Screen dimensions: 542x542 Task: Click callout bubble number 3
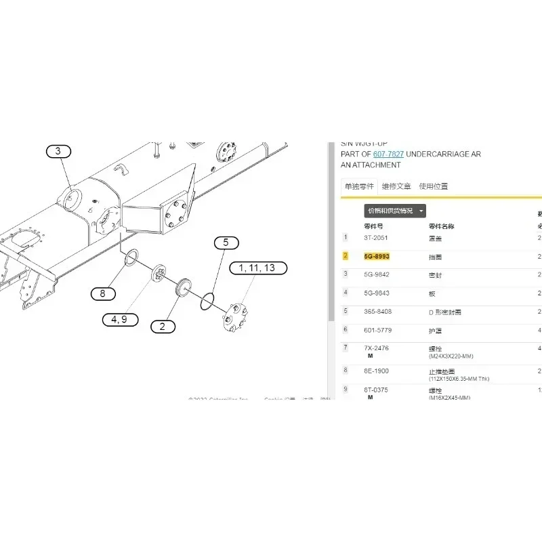58,151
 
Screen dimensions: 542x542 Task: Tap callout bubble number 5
226,242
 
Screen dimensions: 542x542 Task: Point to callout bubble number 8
103,293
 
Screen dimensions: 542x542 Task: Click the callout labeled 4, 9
119,319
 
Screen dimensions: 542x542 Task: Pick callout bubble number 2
162,327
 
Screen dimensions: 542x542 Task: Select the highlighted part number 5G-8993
377,256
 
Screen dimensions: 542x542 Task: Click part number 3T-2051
376,238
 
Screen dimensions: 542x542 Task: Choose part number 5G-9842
377,274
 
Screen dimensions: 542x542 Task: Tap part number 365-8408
378,311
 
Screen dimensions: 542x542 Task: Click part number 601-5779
377,330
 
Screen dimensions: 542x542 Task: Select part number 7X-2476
377,348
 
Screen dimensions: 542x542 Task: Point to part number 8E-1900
377,371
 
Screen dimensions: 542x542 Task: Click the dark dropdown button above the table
396,211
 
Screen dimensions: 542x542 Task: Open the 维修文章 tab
396,186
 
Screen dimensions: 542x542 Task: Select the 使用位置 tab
434,186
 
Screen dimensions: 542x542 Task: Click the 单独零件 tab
358,186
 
